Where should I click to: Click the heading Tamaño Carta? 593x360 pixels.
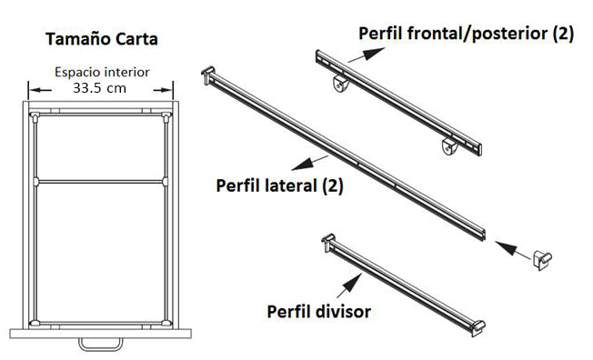point(101,40)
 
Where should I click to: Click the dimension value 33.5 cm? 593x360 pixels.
point(100,89)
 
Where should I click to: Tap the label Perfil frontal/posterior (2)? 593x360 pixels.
point(466,34)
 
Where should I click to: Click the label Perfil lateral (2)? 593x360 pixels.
point(279,185)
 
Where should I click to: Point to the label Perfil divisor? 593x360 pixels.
point(318,312)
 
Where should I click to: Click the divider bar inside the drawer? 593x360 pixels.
point(100,181)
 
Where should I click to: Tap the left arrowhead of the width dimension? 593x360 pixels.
point(34,89)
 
